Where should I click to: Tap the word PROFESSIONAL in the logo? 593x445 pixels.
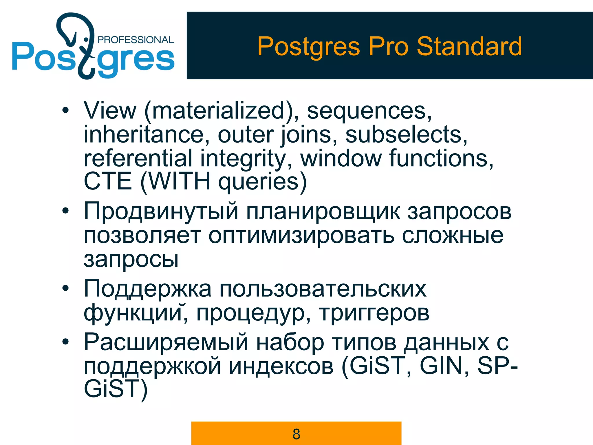136,40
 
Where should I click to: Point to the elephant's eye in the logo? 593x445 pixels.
86,39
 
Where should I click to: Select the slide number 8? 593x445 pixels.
296,434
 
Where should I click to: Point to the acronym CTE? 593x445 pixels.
108,181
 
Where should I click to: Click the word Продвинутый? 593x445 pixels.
161,211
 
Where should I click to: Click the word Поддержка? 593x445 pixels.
148,289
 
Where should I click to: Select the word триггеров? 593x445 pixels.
374,313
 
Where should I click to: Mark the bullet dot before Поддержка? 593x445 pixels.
66,288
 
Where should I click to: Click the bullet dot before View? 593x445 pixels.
66,110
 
